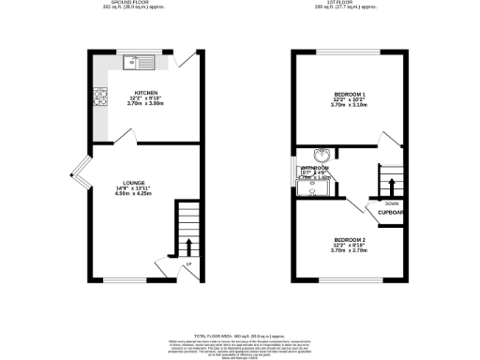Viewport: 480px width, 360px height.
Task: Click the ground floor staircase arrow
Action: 188,246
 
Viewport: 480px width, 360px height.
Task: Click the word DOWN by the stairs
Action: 390,202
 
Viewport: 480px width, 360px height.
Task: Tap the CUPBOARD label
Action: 391,213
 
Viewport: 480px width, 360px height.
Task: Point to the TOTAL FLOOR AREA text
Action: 239,335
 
